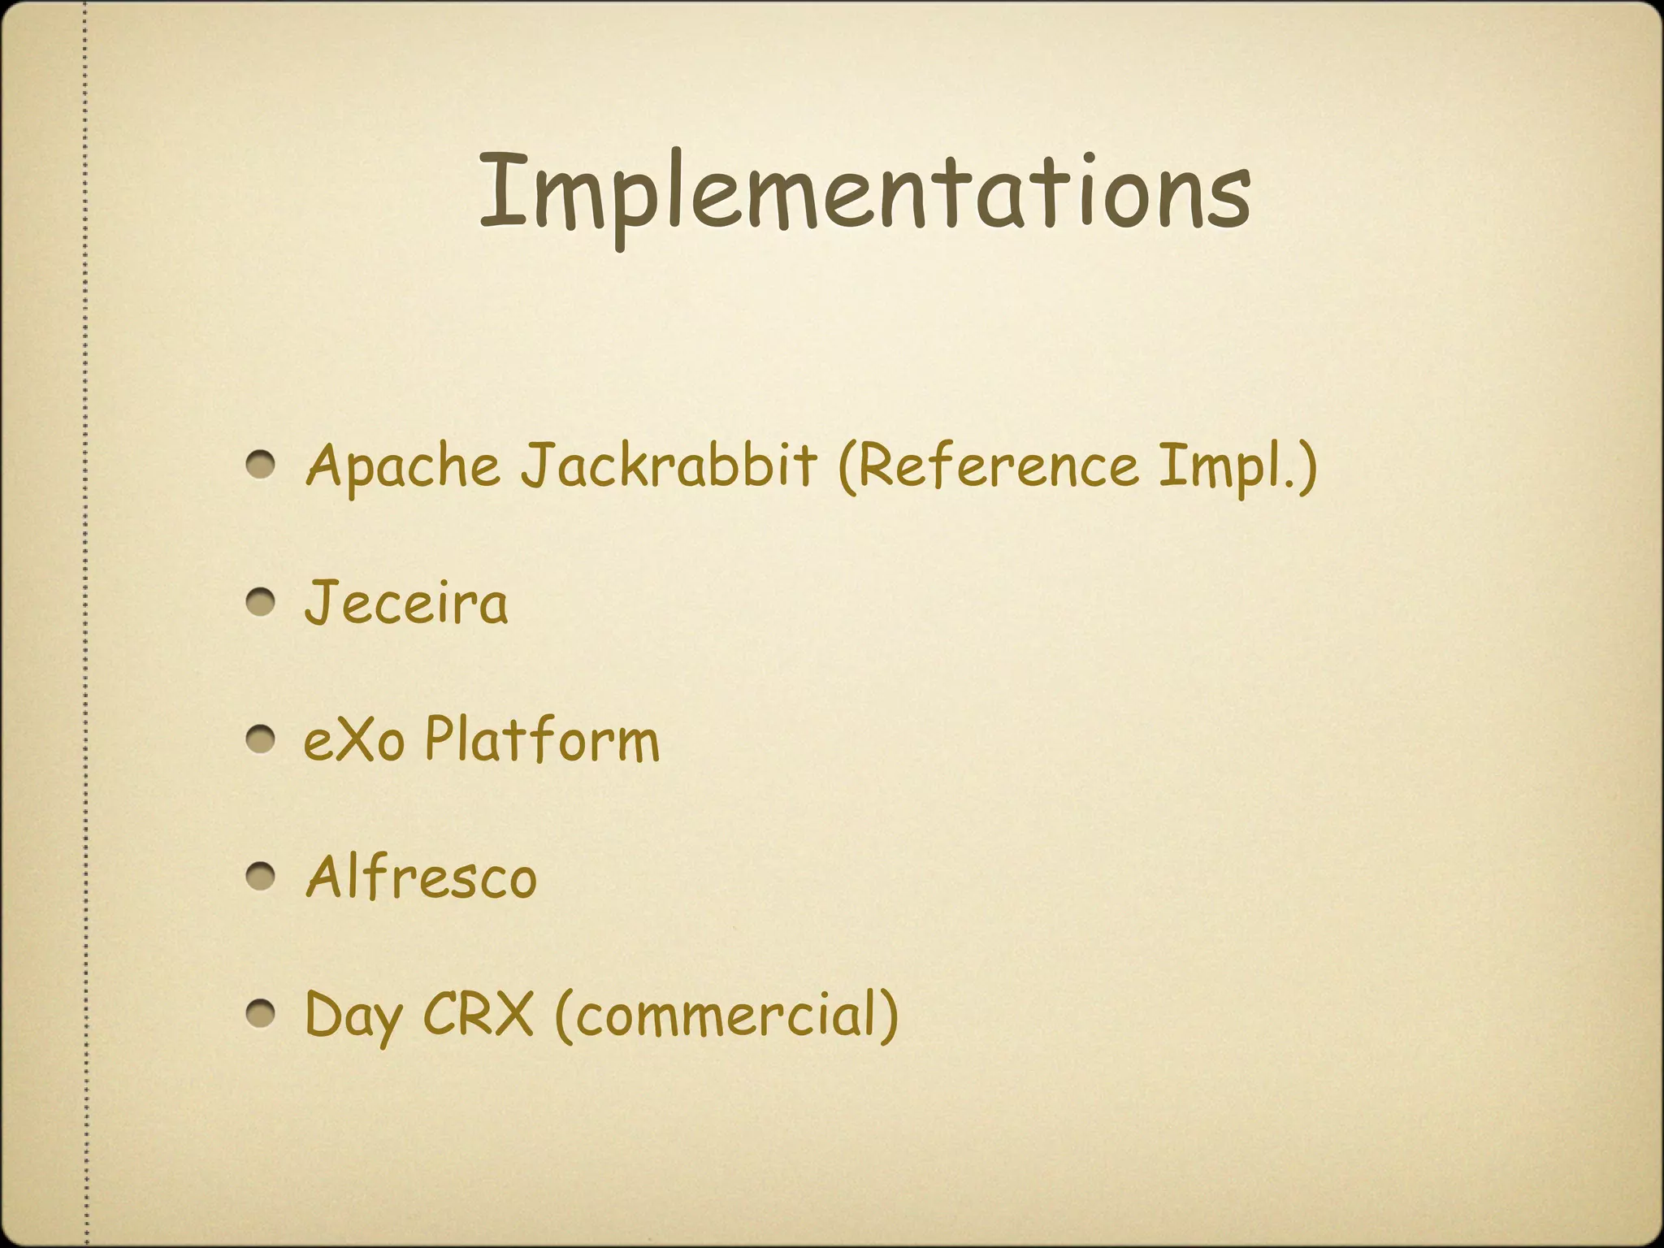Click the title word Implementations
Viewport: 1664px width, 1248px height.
[864, 193]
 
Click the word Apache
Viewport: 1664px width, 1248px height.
[403, 467]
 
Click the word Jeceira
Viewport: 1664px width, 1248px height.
[406, 603]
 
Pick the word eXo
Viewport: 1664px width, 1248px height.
[354, 740]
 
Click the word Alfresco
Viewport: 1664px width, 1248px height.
[421, 877]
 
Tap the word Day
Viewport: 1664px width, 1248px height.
[353, 1016]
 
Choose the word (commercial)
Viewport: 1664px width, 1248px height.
[726, 1016]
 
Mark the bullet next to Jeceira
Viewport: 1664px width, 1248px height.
[262, 603]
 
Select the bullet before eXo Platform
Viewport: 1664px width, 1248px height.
[262, 740]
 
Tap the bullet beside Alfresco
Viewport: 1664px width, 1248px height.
[262, 877]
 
